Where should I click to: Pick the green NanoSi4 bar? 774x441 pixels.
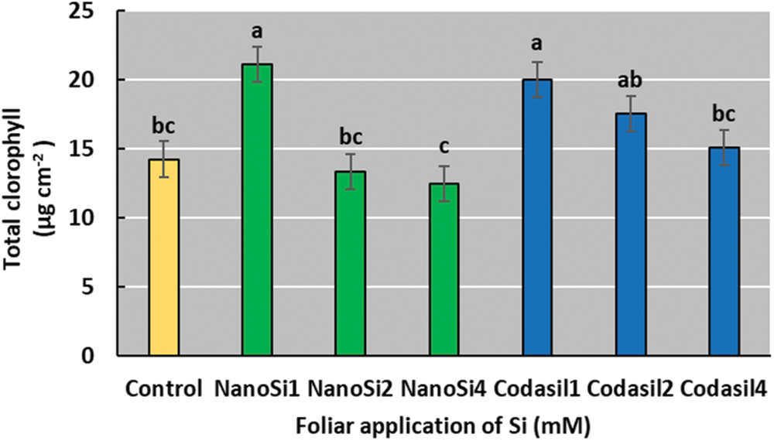coord(444,270)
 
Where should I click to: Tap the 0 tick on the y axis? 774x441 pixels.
coord(98,357)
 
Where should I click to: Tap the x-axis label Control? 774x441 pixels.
coord(166,387)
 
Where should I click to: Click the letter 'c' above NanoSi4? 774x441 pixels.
coord(444,147)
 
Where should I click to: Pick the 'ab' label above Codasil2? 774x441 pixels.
coord(630,80)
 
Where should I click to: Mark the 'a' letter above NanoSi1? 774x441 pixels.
coord(257,32)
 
